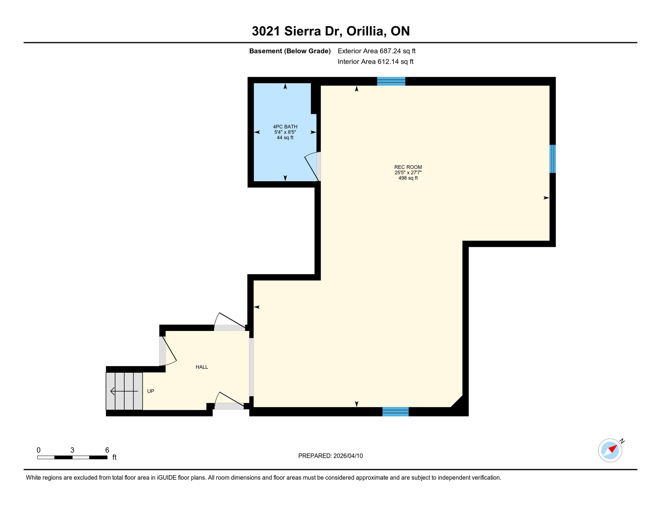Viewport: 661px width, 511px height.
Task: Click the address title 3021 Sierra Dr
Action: click(x=330, y=31)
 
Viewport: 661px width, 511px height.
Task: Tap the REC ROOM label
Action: click(x=408, y=167)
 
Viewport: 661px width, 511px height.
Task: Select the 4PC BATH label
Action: click(x=285, y=126)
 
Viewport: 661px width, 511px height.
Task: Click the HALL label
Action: click(x=201, y=367)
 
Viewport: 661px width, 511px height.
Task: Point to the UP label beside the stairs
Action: click(x=151, y=391)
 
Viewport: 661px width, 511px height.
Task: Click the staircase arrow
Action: click(x=124, y=391)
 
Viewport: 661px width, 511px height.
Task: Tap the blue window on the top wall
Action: click(x=391, y=81)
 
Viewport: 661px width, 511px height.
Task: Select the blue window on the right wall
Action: click(x=552, y=159)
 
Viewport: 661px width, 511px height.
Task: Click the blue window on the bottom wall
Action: click(x=395, y=412)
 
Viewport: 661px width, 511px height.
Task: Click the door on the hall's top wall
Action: click(x=229, y=322)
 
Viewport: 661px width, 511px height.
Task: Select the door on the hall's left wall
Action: click(x=168, y=351)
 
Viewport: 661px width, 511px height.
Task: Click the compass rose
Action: click(x=610, y=450)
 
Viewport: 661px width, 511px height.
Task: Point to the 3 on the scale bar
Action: click(x=72, y=450)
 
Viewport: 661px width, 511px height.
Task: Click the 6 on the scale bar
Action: click(x=107, y=450)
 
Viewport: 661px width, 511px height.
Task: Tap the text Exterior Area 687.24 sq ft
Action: click(x=376, y=51)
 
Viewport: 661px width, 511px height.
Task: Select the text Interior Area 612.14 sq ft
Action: click(x=375, y=62)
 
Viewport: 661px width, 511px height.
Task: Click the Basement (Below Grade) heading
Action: click(x=290, y=51)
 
